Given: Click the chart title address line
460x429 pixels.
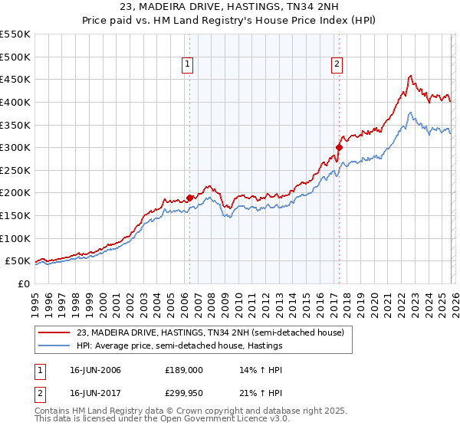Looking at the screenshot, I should coord(229,7).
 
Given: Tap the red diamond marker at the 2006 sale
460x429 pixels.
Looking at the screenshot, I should coord(189,197).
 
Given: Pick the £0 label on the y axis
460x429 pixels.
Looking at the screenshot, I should coord(22,283).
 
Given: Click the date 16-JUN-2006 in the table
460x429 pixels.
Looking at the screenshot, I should coord(94,370).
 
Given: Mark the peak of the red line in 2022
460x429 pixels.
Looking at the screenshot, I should coord(410,76).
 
